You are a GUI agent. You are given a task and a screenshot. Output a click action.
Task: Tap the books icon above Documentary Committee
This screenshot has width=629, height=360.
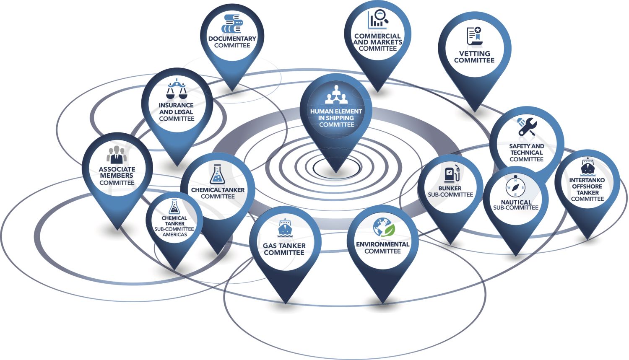tap(232, 24)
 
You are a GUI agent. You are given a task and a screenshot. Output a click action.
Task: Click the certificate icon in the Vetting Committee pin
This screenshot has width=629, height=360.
tap(474, 36)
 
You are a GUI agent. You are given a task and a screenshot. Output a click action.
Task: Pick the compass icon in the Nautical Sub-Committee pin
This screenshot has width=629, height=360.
tap(515, 187)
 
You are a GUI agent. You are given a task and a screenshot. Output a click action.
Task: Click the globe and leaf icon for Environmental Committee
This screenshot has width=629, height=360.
tap(384, 228)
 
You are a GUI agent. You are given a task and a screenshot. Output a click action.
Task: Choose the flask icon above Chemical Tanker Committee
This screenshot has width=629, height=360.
tap(217, 174)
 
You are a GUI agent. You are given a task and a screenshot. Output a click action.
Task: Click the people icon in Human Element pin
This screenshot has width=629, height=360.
tap(336, 95)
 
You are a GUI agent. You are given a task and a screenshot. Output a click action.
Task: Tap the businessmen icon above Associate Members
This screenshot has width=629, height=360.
tap(117, 155)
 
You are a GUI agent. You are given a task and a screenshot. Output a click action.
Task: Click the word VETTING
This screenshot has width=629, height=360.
tap(474, 54)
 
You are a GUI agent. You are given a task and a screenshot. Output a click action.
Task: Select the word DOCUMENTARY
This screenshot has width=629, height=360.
tap(232, 39)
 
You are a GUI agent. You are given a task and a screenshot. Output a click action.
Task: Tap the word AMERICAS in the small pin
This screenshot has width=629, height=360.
tap(174, 234)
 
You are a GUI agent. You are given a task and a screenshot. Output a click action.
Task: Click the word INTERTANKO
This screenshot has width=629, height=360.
tap(587, 180)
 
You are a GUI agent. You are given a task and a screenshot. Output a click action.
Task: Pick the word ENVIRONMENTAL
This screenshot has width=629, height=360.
tap(382, 244)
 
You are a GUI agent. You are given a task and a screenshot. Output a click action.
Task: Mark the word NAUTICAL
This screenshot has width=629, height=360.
tap(516, 202)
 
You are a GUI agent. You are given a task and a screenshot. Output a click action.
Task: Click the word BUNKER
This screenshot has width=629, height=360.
tap(450, 188)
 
